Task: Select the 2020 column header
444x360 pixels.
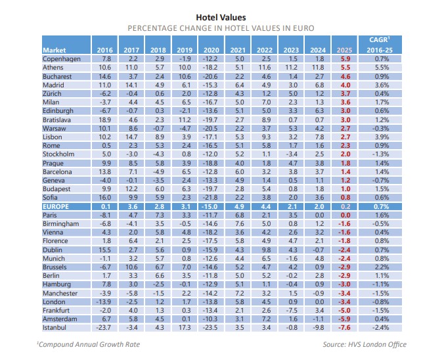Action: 211,49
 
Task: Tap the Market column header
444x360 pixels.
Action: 55,49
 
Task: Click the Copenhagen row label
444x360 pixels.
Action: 62,58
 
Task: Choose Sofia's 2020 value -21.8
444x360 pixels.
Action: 211,196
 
